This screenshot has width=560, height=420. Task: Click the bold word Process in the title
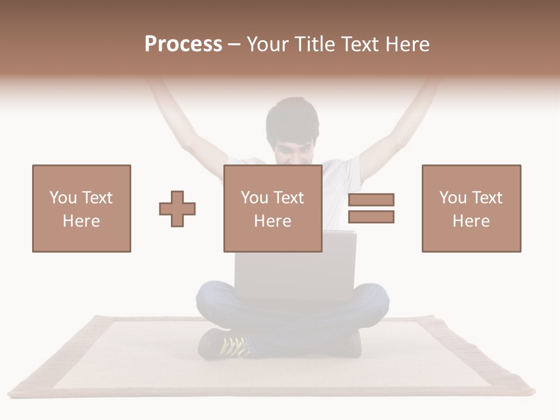[183, 44]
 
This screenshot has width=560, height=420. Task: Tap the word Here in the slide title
[407, 44]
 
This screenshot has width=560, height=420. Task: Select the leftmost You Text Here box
[81, 208]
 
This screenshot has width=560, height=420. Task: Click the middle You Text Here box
[272, 208]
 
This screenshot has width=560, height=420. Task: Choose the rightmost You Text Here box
[471, 208]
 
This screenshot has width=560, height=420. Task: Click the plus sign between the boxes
[177, 208]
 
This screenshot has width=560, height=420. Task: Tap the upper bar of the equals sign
[371, 199]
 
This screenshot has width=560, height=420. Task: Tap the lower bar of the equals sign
[371, 217]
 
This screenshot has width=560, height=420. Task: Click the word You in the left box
[63, 198]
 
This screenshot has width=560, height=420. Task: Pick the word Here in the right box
[471, 221]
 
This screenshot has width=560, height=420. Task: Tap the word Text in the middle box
[288, 198]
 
